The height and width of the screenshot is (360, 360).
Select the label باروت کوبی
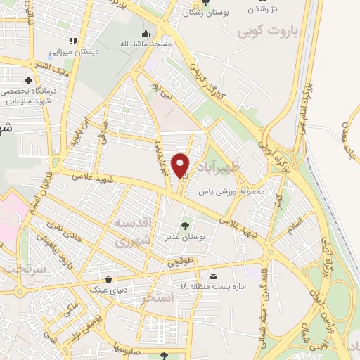268,32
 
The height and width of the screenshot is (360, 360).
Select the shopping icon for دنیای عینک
109,279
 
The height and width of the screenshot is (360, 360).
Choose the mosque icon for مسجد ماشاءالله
146,33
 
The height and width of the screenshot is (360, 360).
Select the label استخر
157,297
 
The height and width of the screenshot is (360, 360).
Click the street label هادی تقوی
63,231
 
